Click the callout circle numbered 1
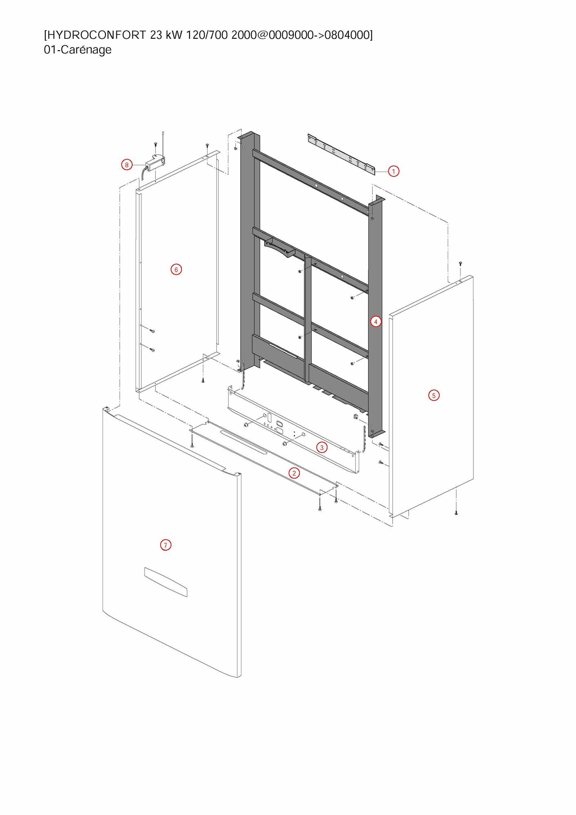(x=393, y=171)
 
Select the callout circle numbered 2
(x=294, y=473)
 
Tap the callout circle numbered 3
(x=322, y=448)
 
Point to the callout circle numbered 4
(x=376, y=322)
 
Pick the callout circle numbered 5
(x=434, y=395)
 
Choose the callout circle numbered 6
(x=176, y=269)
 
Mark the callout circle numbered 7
(x=165, y=545)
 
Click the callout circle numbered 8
(x=127, y=165)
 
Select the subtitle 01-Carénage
(x=78, y=50)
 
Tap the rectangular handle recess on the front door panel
(x=165, y=582)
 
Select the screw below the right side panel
(x=456, y=513)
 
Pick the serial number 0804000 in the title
(x=347, y=35)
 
